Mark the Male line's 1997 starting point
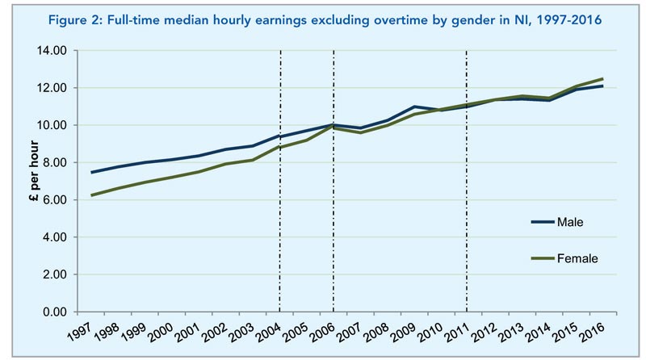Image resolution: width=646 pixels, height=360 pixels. click(x=91, y=172)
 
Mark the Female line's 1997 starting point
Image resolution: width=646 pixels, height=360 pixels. click(x=91, y=195)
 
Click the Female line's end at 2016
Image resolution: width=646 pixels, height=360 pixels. click(x=602, y=79)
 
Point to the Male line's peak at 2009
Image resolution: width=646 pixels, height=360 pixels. click(x=413, y=107)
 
